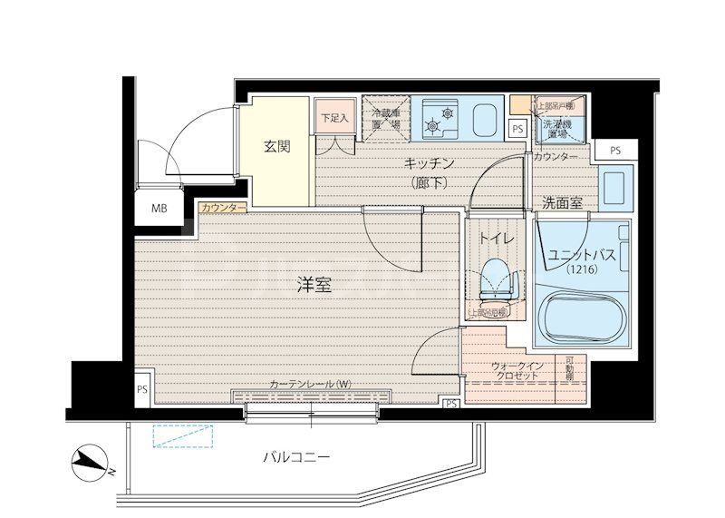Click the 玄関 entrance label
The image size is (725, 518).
277,146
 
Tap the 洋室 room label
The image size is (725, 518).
314,284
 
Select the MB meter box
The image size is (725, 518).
159,209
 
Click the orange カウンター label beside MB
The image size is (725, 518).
223,208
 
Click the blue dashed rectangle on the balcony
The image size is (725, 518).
185,436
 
